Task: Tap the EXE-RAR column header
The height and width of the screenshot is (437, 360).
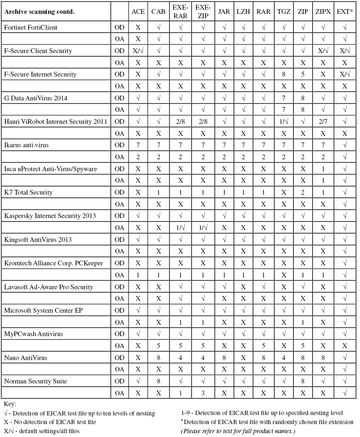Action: click(x=180, y=11)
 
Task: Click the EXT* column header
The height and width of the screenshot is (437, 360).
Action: click(x=344, y=11)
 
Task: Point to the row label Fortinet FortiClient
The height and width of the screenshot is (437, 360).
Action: click(x=31, y=27)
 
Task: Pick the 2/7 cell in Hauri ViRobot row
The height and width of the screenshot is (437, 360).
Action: click(x=323, y=121)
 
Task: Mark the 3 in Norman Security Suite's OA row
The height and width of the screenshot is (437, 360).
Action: click(x=203, y=393)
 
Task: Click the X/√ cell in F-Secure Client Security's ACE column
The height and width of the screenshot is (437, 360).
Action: click(x=138, y=51)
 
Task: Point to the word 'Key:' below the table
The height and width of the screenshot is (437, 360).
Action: click(x=10, y=404)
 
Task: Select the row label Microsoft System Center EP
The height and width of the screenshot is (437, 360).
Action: click(x=43, y=310)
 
